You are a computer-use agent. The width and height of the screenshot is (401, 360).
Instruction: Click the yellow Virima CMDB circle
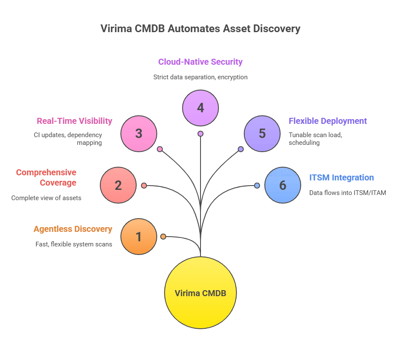click(x=200, y=293)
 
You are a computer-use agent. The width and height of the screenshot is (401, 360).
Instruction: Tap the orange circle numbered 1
click(x=138, y=237)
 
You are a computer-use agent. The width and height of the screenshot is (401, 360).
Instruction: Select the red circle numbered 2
click(x=118, y=185)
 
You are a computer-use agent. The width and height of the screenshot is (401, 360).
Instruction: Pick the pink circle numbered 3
click(x=138, y=133)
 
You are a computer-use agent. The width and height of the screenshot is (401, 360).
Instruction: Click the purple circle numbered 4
click(x=200, y=108)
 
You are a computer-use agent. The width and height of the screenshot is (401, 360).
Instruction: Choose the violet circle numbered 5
click(x=262, y=133)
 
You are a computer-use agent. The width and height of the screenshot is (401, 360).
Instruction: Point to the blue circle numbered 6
click(x=282, y=185)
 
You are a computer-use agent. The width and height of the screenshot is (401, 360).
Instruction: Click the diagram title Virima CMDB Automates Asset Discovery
click(x=200, y=29)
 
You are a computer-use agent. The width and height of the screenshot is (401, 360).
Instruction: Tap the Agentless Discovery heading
click(x=73, y=229)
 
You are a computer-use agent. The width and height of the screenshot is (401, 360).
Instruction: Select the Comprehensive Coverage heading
click(x=46, y=177)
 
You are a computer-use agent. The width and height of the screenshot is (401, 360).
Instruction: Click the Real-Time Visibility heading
click(x=75, y=121)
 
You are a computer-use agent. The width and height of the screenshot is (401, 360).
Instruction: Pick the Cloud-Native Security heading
click(x=200, y=62)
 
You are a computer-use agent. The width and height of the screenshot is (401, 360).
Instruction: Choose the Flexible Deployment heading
click(x=328, y=121)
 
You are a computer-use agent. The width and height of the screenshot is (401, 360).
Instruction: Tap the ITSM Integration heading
click(x=341, y=177)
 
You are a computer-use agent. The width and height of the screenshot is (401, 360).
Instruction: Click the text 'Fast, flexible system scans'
click(x=74, y=244)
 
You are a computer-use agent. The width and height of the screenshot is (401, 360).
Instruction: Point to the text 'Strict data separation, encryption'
click(x=200, y=78)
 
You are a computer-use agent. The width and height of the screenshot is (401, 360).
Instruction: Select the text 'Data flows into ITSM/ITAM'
click(x=347, y=193)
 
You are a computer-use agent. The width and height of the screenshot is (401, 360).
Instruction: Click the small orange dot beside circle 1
click(x=163, y=237)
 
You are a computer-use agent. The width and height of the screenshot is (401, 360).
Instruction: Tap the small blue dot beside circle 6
click(x=257, y=186)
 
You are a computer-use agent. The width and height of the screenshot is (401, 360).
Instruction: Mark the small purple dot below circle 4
click(x=200, y=134)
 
